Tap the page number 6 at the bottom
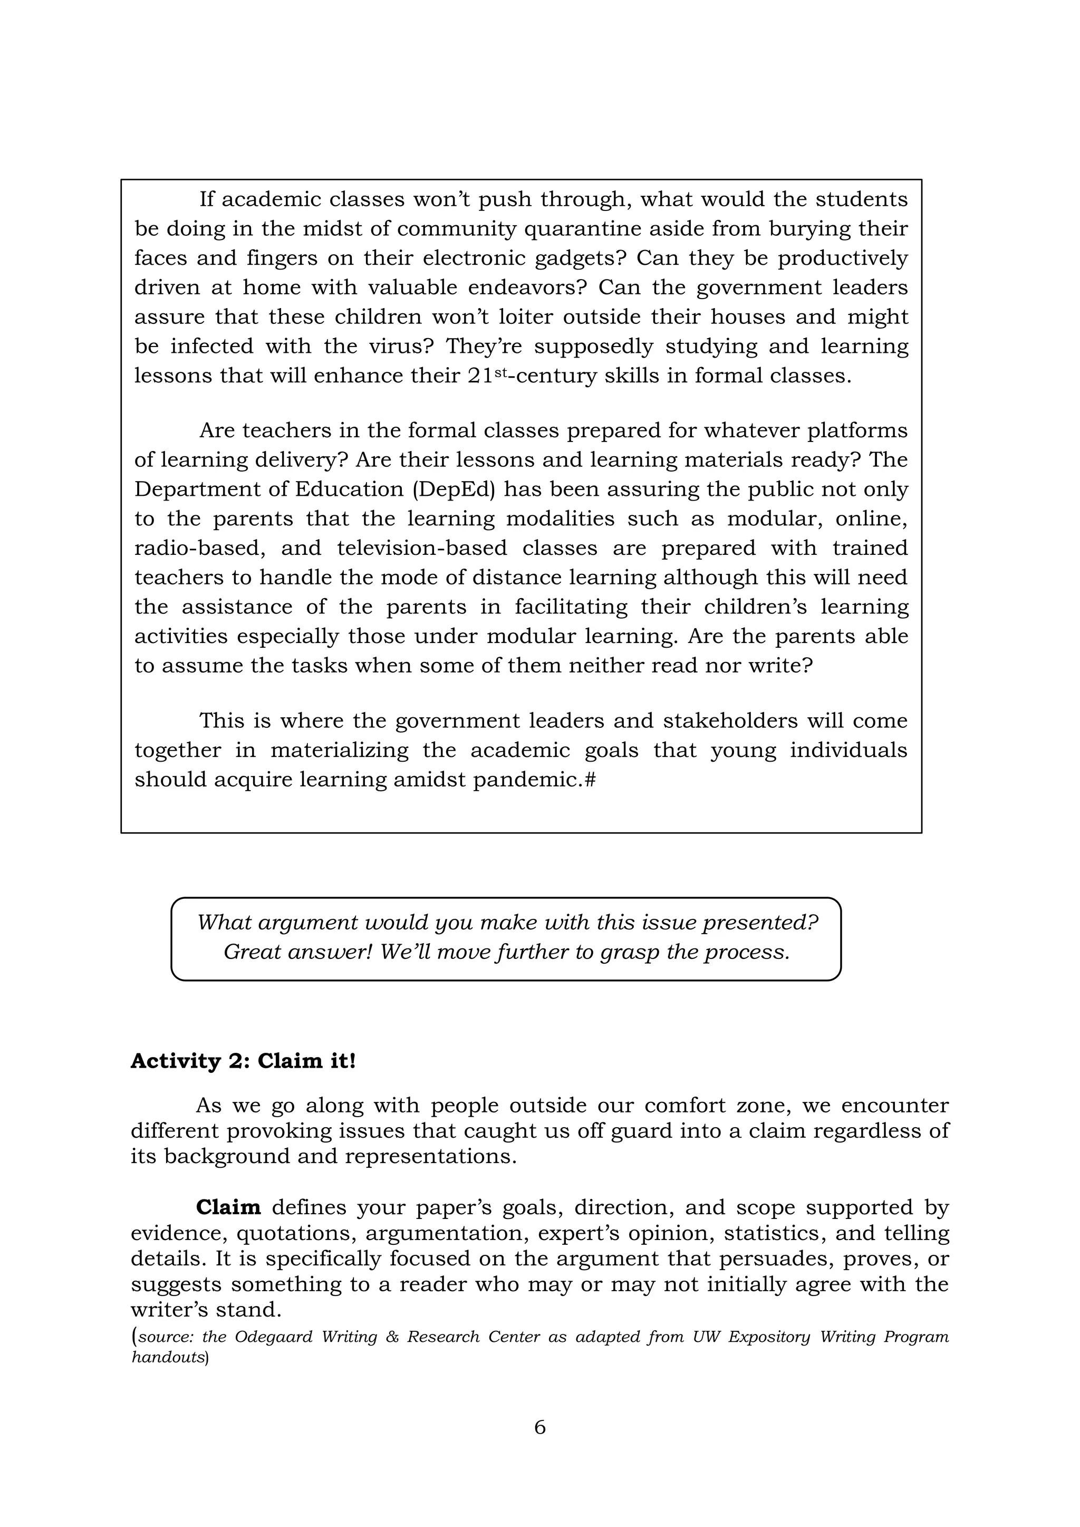pos(539,1427)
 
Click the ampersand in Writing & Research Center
pos(392,1337)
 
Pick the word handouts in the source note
pos(167,1357)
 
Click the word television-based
pos(422,548)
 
